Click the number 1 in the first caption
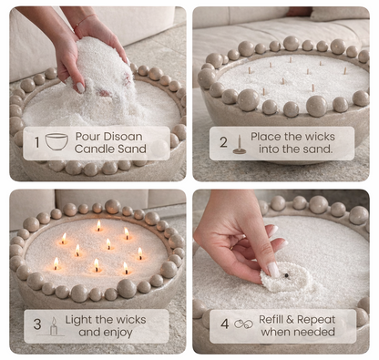(36, 143)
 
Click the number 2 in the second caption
(222, 143)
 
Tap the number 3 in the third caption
(37, 325)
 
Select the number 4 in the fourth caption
(223, 325)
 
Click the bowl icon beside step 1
(56, 142)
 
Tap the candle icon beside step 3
(54, 325)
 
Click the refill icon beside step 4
(243, 324)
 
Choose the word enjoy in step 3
(129, 334)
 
